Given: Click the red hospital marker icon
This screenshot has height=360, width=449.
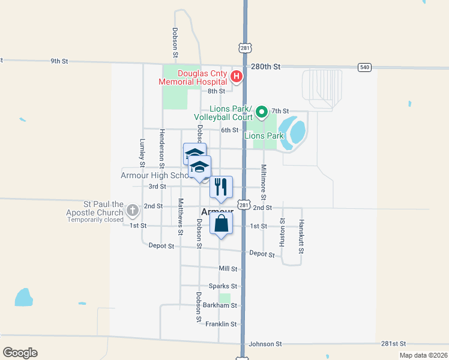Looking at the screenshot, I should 237,76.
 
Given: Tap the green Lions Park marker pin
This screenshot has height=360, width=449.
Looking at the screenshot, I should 262,111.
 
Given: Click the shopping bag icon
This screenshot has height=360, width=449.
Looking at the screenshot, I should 221,224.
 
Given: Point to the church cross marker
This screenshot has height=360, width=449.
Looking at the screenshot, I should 133,210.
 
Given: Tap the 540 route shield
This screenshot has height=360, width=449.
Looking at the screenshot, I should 364,67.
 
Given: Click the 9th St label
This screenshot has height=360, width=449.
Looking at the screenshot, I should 59,61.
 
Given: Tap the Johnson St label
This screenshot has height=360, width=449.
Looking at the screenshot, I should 265,344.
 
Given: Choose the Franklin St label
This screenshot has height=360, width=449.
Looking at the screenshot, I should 221,324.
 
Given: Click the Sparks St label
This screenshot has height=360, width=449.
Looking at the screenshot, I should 223,286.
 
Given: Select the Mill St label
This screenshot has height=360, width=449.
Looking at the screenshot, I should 228,269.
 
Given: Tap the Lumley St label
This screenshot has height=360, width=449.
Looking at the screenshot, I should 143,152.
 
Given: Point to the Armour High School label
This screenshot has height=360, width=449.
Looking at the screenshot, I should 155,176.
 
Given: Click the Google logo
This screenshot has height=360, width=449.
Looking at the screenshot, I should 20,353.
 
